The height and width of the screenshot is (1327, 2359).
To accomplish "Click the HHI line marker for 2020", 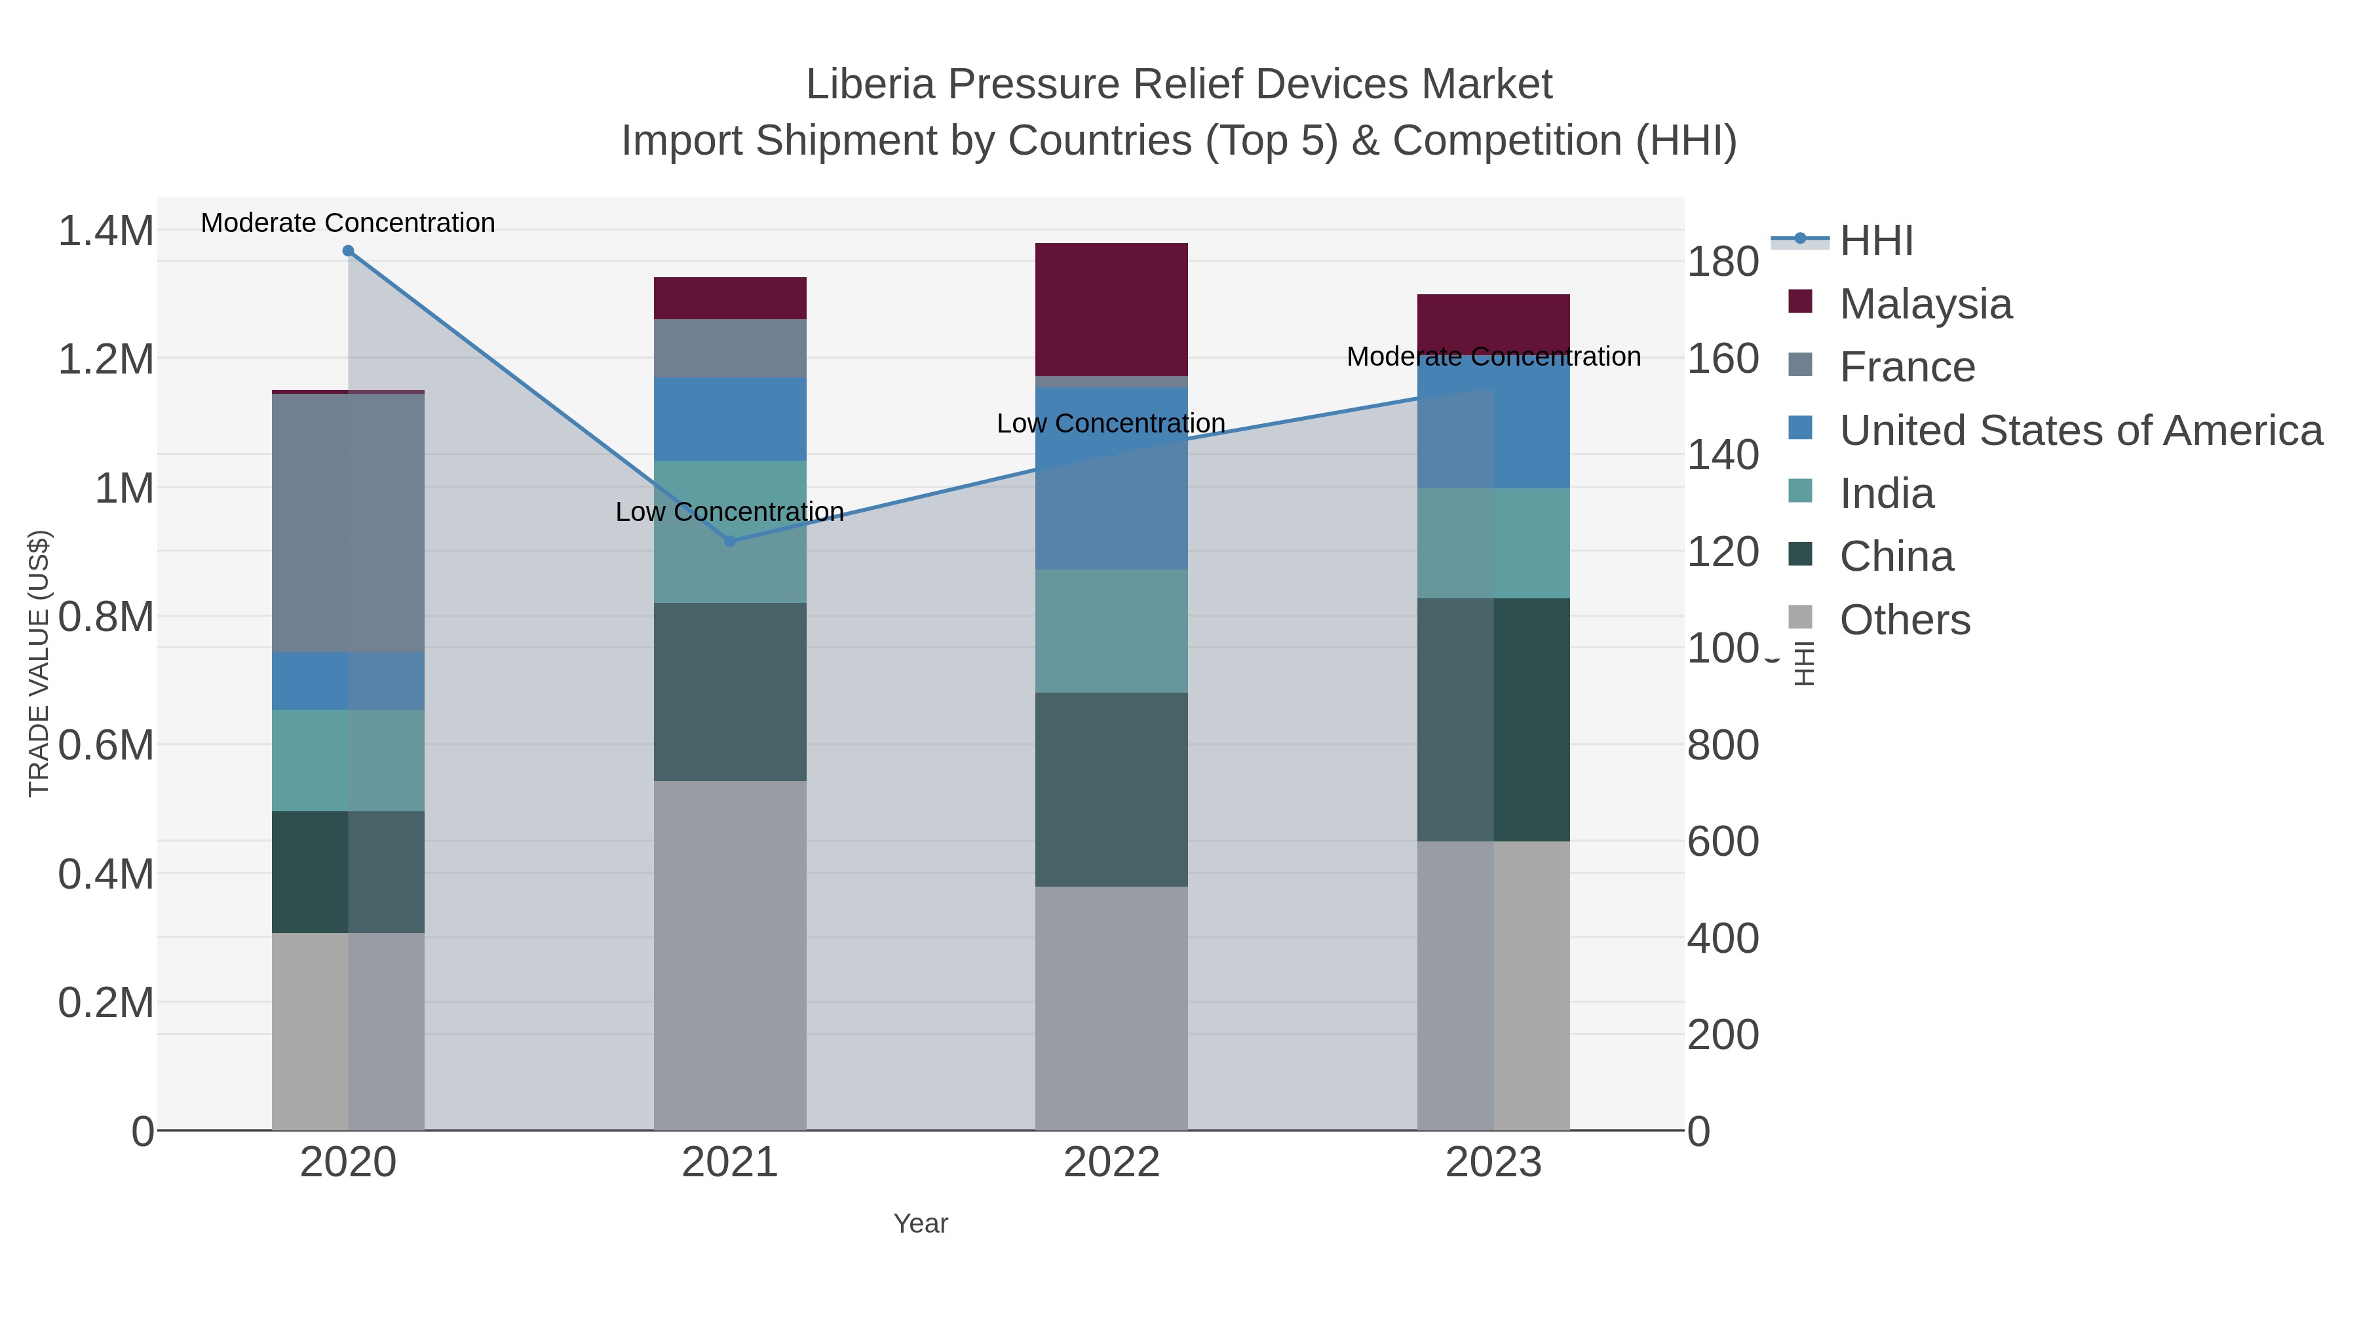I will (348, 251).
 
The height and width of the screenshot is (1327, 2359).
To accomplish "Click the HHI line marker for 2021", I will (730, 541).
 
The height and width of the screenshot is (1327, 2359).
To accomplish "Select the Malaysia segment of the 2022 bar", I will (1111, 309).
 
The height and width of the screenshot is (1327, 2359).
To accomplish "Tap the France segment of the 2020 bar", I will (348, 522).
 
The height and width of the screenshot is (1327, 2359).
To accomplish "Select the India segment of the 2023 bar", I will (1493, 543).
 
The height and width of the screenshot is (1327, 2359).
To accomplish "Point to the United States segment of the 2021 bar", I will (730, 419).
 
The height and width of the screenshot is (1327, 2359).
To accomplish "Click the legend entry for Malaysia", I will (1925, 304).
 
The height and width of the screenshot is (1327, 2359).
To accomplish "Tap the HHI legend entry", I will (1875, 241).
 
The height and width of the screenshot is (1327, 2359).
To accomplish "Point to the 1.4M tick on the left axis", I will (106, 231).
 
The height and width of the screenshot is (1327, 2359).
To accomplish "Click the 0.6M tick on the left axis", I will (106, 746).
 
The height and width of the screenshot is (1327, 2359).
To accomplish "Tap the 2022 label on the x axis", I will (1111, 1163).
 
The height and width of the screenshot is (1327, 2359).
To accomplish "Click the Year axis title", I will (921, 1223).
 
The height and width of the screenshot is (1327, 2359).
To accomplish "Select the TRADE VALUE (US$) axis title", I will (39, 663).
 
